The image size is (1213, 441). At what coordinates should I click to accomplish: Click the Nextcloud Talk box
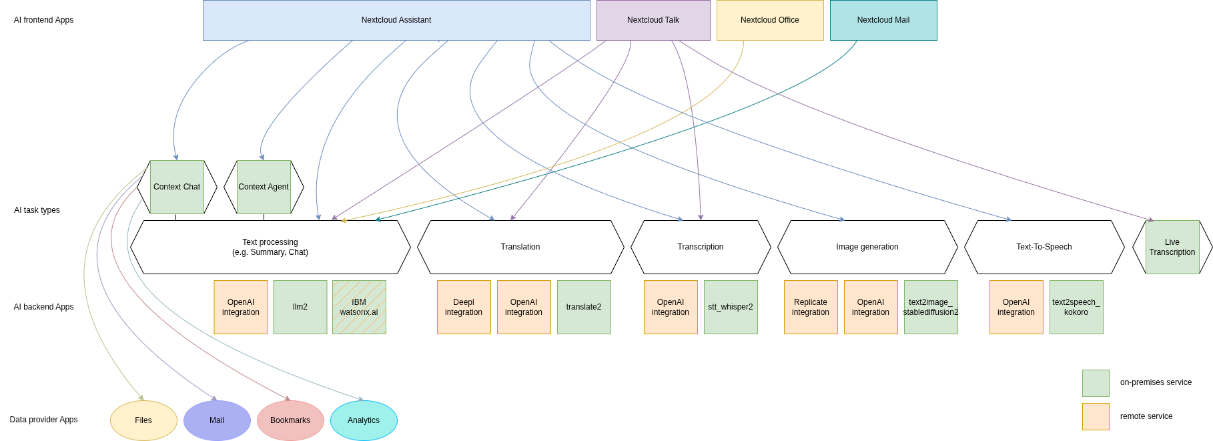[x=653, y=20]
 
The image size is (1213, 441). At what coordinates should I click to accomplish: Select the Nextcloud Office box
[x=769, y=20]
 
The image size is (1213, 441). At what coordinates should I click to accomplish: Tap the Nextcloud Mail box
[x=883, y=20]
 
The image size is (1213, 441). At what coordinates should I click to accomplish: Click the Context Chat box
[x=177, y=187]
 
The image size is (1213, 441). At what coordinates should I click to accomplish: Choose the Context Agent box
[x=264, y=187]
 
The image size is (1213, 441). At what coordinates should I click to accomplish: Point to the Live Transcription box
[x=1172, y=247]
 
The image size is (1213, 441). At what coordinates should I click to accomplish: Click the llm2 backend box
[x=300, y=307]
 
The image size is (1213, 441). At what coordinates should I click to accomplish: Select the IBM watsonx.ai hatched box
[x=359, y=307]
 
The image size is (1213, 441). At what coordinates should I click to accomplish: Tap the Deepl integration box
[x=464, y=307]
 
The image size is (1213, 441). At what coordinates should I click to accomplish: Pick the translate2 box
[x=584, y=307]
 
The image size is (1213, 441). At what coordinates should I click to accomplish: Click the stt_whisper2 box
[x=731, y=307]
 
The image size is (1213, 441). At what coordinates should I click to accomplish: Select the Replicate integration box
[x=811, y=307]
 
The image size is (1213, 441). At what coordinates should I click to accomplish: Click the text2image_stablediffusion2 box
[x=931, y=307]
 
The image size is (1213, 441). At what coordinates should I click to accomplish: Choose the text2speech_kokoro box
[x=1076, y=307]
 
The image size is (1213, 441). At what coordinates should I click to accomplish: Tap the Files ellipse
[x=143, y=420]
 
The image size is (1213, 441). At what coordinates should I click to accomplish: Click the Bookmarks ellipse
[x=290, y=420]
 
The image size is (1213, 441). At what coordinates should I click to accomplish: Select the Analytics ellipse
[x=364, y=420]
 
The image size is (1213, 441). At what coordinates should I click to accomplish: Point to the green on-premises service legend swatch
[x=1096, y=383]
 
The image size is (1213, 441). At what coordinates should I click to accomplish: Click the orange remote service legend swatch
[x=1096, y=416]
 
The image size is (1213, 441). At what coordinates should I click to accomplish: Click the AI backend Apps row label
[x=43, y=307]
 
